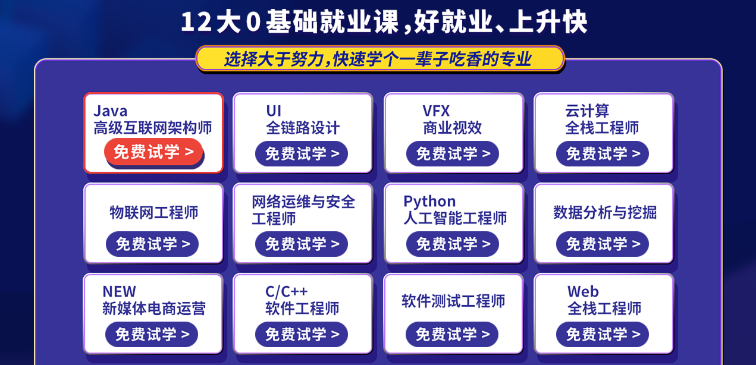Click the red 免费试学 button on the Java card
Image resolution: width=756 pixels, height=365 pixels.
[x=153, y=152]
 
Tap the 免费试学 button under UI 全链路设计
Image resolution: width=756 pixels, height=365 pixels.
[x=302, y=153]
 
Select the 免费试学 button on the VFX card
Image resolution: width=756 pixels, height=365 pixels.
[x=452, y=153]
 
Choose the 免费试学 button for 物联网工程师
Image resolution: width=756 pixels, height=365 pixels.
[x=152, y=244]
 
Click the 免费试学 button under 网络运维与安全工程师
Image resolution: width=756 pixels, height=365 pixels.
[x=302, y=244]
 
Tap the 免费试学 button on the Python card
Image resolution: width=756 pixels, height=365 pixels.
[x=452, y=244]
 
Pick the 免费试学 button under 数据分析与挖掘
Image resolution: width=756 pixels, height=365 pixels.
[x=603, y=244]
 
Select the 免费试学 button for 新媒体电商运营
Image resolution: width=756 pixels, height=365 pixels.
[x=152, y=334]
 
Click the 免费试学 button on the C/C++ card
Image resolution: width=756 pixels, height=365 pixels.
[x=302, y=334]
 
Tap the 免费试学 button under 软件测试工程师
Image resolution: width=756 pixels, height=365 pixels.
[x=452, y=334]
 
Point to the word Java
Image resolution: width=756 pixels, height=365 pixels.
[x=111, y=111]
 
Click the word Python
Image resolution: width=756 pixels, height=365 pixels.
[x=429, y=202]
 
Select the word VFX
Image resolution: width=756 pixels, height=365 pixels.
[x=436, y=111]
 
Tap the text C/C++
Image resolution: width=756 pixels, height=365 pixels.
[x=286, y=291]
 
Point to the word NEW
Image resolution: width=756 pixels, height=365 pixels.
[x=119, y=291]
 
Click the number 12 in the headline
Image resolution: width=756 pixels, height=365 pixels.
[x=196, y=22]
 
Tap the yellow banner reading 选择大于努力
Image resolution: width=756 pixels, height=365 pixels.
[x=379, y=59]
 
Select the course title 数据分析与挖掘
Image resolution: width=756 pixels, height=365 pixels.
[x=605, y=213]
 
